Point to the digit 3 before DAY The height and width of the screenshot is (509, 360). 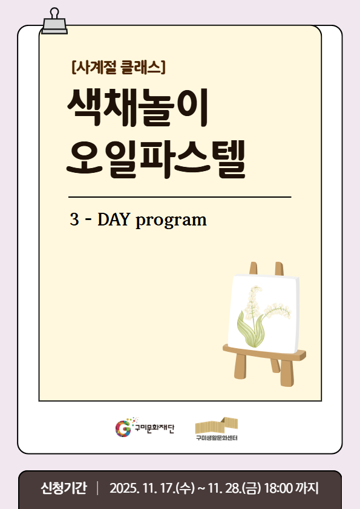point(74,219)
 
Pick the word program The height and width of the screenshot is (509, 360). point(171,221)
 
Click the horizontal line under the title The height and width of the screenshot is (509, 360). point(180,197)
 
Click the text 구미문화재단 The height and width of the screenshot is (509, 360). point(154,429)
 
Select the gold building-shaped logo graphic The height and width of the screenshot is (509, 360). point(216,424)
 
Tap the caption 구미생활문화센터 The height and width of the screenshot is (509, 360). point(216,438)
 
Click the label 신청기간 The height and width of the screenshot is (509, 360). point(63,488)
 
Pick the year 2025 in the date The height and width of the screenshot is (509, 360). point(123,488)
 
